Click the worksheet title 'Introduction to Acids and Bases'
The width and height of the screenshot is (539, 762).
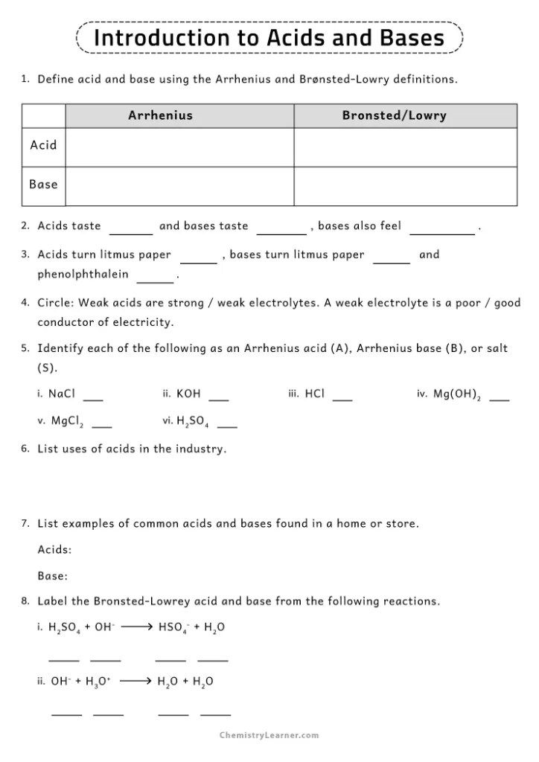pyautogui.click(x=269, y=37)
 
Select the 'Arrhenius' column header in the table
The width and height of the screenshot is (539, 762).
pyautogui.click(x=160, y=115)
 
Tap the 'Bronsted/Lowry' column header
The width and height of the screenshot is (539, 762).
pyautogui.click(x=394, y=115)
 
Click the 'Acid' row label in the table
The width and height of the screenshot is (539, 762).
pyautogui.click(x=43, y=146)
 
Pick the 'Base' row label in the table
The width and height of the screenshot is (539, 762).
pyautogui.click(x=43, y=185)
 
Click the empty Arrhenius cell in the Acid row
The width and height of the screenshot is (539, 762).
pyautogui.click(x=179, y=147)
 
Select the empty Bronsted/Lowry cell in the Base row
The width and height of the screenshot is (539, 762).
pyautogui.click(x=405, y=186)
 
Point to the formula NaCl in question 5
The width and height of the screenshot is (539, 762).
pyautogui.click(x=62, y=394)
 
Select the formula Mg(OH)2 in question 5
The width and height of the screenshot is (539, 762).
pyautogui.click(x=457, y=395)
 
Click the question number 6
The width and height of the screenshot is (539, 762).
pyautogui.click(x=25, y=449)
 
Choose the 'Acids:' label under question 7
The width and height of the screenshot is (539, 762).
pyautogui.click(x=55, y=550)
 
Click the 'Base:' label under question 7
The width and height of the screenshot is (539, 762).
pyautogui.click(x=53, y=575)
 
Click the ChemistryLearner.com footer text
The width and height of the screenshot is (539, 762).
pyautogui.click(x=269, y=735)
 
